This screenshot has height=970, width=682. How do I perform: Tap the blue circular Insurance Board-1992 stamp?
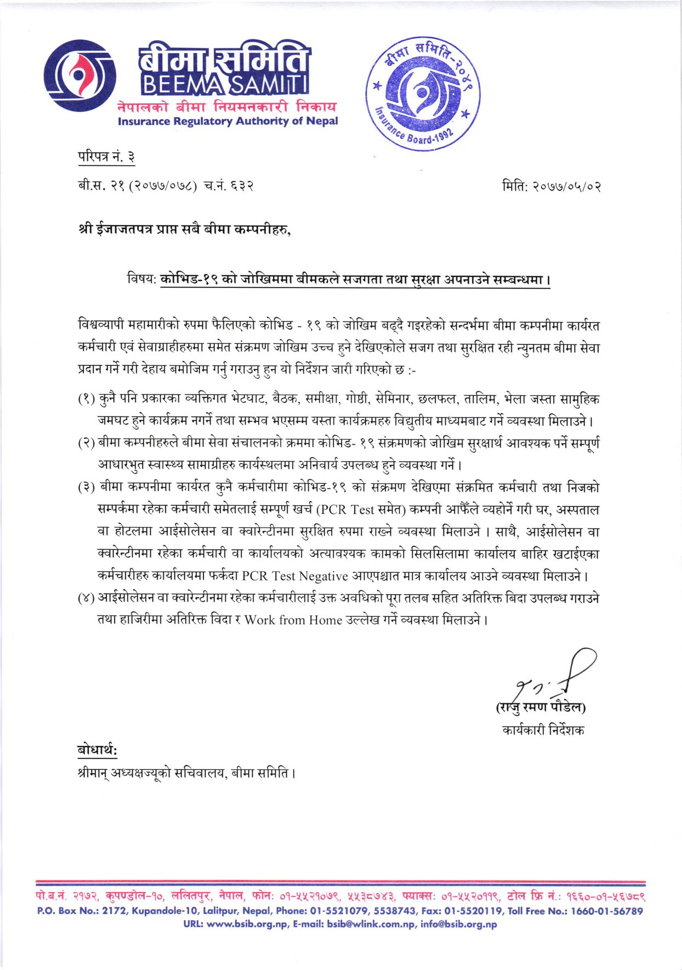point(423,94)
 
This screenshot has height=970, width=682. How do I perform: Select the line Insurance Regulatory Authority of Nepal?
point(228,121)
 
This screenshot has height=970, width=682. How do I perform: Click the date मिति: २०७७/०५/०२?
point(552,187)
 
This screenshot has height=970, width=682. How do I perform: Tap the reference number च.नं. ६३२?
point(229,187)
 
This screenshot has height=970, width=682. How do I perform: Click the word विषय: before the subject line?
point(142,279)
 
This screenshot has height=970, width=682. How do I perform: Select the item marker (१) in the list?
point(86,399)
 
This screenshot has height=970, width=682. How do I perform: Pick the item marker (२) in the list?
point(86,443)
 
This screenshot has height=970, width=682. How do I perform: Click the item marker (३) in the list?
point(86,488)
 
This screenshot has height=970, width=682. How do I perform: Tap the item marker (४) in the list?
point(86,598)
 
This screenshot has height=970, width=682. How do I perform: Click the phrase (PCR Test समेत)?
point(361,510)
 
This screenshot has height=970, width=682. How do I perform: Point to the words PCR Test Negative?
point(295,576)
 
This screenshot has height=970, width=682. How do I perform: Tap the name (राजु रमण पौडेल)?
point(541,707)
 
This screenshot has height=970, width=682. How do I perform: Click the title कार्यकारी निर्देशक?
point(543,730)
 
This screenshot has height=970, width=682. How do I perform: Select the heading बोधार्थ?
point(97,749)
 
